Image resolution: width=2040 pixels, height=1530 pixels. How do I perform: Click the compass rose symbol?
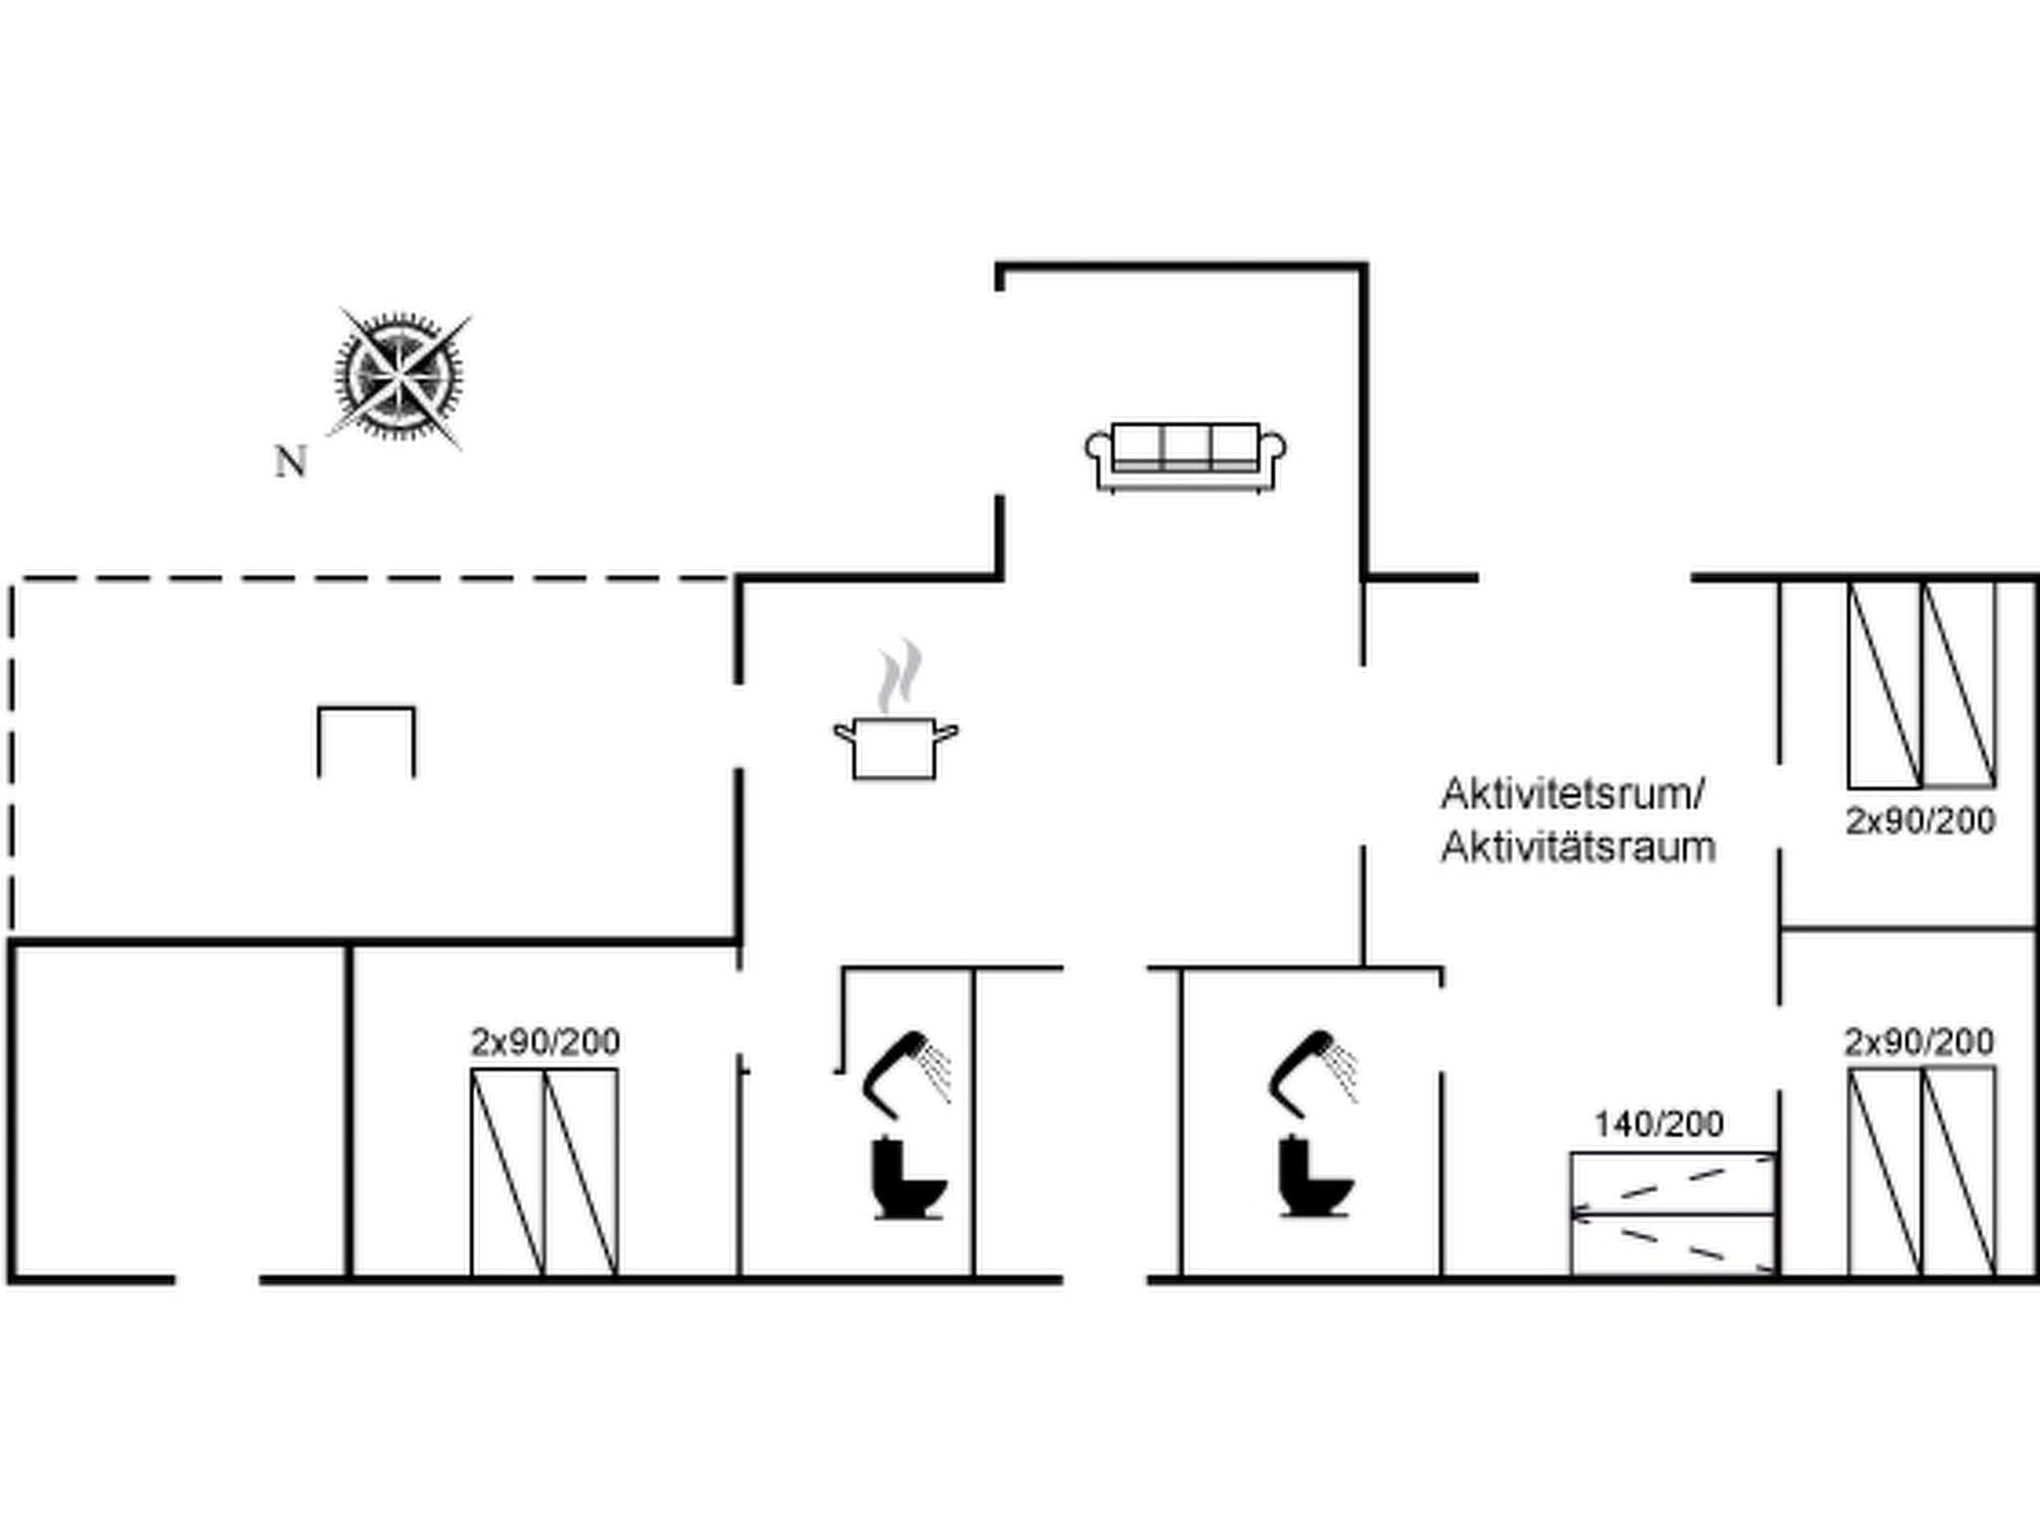[x=398, y=378]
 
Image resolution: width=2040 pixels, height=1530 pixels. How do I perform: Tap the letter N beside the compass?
[x=290, y=462]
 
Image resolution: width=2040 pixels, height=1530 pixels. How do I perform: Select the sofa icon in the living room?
[x=1185, y=457]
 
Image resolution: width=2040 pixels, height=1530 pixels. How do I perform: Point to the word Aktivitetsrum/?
[x=1573, y=795]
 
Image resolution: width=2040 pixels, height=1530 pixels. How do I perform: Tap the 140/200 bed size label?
[x=1658, y=1125]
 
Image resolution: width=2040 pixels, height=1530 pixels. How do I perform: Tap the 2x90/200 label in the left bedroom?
[x=545, y=1042]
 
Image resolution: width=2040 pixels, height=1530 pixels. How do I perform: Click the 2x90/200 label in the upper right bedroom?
[x=1920, y=822]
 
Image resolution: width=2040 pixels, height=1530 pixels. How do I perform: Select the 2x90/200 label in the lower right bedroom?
[x=1919, y=1042]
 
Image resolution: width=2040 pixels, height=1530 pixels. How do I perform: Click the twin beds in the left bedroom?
[x=544, y=1171]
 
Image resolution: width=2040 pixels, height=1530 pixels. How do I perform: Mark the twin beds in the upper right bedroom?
[x=1921, y=684]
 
